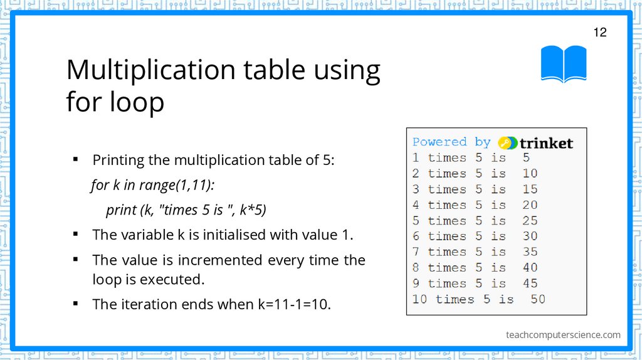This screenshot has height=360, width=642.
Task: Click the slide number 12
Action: [x=600, y=33]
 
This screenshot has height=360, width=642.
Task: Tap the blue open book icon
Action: [x=564, y=63]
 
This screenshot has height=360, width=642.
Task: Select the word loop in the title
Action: [x=137, y=102]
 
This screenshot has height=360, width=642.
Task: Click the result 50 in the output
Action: [x=538, y=299]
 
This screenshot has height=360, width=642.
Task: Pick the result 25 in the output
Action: [x=530, y=221]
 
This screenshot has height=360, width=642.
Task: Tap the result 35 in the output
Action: [x=530, y=252]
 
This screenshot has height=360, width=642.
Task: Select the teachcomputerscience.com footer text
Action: [x=563, y=335]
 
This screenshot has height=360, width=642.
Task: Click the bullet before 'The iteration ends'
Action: [x=75, y=304]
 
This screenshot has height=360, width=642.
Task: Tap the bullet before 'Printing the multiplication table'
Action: [x=75, y=159]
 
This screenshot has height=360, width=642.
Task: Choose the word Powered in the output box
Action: [x=439, y=142]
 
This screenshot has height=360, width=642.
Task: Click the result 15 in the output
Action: [x=530, y=189]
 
